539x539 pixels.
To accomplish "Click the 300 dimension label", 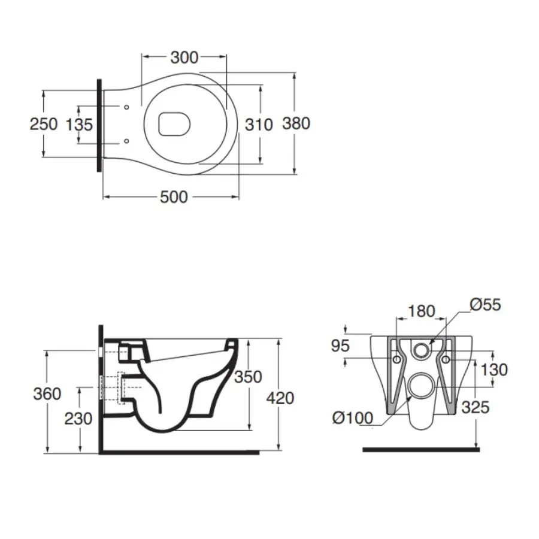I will (184, 58).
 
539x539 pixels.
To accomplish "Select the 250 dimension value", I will (44, 124).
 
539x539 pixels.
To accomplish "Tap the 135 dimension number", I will (79, 125).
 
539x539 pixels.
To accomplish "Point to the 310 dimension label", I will (259, 125).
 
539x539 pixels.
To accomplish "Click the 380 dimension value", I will (296, 123).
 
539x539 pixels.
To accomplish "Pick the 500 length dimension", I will (174, 197).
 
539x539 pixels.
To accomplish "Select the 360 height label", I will (47, 393).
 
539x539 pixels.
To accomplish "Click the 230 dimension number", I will (78, 418).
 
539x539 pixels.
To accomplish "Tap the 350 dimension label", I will (248, 377).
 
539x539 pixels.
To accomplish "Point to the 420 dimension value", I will (280, 397).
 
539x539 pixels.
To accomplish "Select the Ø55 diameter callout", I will (485, 305).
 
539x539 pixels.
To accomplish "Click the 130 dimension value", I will (493, 370).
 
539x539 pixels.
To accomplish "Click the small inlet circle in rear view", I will (422, 350).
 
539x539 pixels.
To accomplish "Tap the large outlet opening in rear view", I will (422, 385).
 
